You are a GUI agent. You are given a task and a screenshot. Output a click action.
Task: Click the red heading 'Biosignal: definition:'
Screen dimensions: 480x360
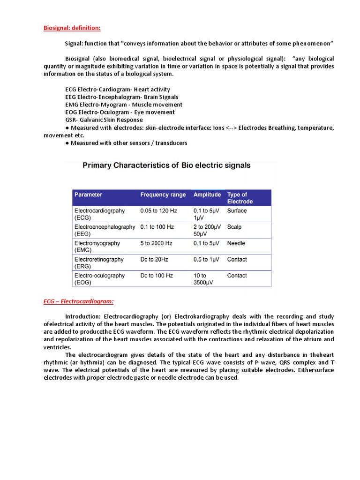(72, 28)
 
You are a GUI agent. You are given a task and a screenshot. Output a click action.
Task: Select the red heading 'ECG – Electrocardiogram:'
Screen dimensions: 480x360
(79, 301)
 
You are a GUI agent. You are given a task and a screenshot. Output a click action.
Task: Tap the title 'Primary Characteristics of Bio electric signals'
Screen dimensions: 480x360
(166, 165)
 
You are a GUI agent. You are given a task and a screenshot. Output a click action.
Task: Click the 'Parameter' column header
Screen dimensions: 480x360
(88, 195)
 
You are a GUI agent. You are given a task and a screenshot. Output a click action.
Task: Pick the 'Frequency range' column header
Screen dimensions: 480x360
(163, 195)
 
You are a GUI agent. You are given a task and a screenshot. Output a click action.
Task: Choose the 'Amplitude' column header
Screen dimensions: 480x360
(207, 195)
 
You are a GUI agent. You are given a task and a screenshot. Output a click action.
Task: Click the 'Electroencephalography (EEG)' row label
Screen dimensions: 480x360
(104, 230)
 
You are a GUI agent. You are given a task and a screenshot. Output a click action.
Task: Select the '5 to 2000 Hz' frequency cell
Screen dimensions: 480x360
(157, 243)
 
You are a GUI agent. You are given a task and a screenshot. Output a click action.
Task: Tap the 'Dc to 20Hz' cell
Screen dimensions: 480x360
(155, 259)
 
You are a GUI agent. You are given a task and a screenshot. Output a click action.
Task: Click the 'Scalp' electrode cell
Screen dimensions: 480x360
(234, 227)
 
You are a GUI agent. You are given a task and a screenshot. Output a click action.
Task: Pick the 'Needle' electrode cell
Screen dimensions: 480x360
(236, 243)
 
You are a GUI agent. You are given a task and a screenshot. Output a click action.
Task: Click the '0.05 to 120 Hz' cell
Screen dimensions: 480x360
(158, 211)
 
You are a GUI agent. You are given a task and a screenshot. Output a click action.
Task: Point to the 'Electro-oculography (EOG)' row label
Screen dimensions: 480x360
(99, 279)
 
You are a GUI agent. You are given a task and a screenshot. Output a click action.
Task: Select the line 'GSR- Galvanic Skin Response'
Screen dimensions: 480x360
(104, 120)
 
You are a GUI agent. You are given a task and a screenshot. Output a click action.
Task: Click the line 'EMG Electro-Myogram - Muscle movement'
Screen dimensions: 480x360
(124, 105)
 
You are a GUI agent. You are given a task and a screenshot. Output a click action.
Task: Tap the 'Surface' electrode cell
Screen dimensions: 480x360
(237, 211)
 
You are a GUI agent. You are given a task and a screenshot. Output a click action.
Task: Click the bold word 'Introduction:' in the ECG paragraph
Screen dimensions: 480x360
(82, 316)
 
